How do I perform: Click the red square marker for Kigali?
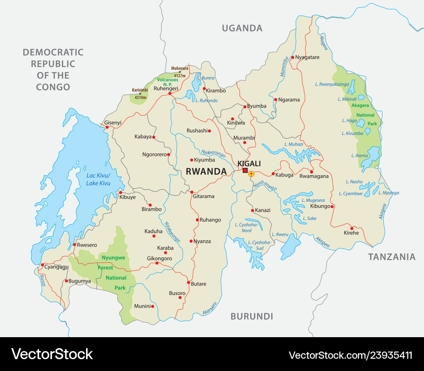tap(245, 170)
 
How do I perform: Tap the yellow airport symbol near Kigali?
tap(251, 173)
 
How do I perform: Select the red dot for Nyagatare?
tap(292, 57)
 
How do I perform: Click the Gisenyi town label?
tap(112, 123)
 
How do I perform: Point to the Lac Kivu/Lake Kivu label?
tap(98, 179)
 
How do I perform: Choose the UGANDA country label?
tap(242, 28)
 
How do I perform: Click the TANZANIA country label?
tap(391, 257)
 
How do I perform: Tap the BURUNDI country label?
tap(251, 316)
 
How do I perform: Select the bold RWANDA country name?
tap(206, 171)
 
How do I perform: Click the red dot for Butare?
tap(188, 283)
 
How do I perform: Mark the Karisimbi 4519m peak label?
tap(139, 93)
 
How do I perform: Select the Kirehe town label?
tap(351, 233)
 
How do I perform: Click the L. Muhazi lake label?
tap(294, 144)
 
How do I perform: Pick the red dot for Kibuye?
tap(120, 192)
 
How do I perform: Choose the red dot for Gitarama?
tap(191, 192)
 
